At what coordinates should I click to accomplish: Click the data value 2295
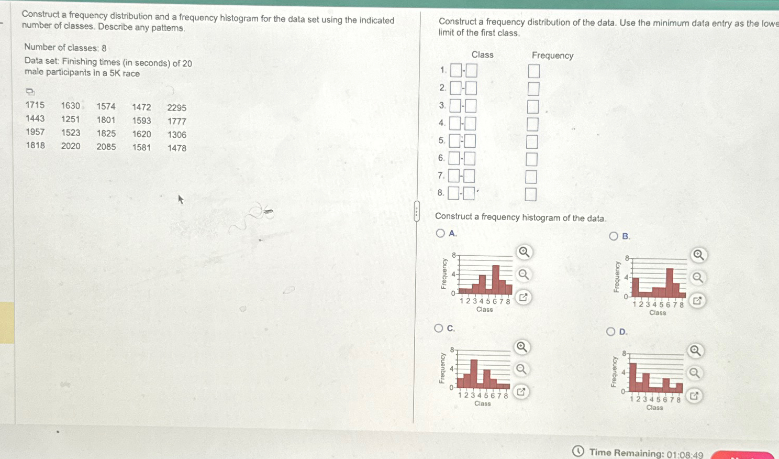(x=177, y=107)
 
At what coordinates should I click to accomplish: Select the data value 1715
(x=35, y=105)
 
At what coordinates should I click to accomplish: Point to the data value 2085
(x=106, y=147)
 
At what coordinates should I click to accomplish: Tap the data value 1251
(x=71, y=119)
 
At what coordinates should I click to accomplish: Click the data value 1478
(x=177, y=148)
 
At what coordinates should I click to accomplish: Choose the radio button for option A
(x=441, y=233)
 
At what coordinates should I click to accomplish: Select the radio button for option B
(x=614, y=236)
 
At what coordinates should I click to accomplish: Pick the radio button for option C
(x=439, y=328)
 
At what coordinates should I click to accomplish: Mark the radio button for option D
(x=610, y=332)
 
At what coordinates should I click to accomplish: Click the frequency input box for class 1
(x=534, y=71)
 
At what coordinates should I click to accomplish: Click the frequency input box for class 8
(x=531, y=194)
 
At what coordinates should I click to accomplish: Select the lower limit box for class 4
(x=455, y=124)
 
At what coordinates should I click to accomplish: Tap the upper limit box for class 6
(x=470, y=158)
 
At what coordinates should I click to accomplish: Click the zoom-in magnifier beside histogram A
(x=524, y=252)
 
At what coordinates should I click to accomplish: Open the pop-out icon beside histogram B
(x=697, y=301)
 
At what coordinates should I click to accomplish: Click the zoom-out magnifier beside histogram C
(x=521, y=369)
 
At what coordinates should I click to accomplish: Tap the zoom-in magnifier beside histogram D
(x=695, y=351)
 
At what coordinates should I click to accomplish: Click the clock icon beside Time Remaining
(x=578, y=451)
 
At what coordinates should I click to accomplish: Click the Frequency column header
(x=552, y=56)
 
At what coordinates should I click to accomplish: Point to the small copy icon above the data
(x=30, y=91)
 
